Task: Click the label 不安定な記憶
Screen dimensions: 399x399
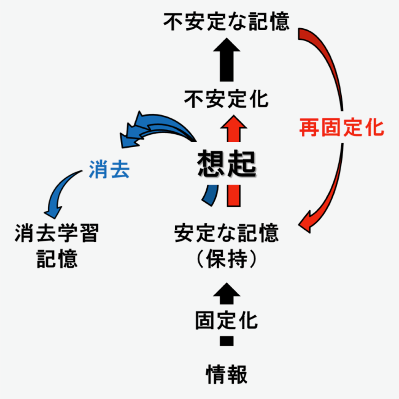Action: (226, 22)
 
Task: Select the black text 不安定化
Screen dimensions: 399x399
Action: (226, 100)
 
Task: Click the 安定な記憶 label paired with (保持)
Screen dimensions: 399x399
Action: (226, 234)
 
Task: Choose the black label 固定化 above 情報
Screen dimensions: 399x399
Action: (226, 320)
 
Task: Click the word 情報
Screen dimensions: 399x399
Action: (227, 374)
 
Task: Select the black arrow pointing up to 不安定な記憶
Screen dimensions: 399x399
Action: (227, 58)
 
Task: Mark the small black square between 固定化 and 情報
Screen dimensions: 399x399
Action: (227, 341)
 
